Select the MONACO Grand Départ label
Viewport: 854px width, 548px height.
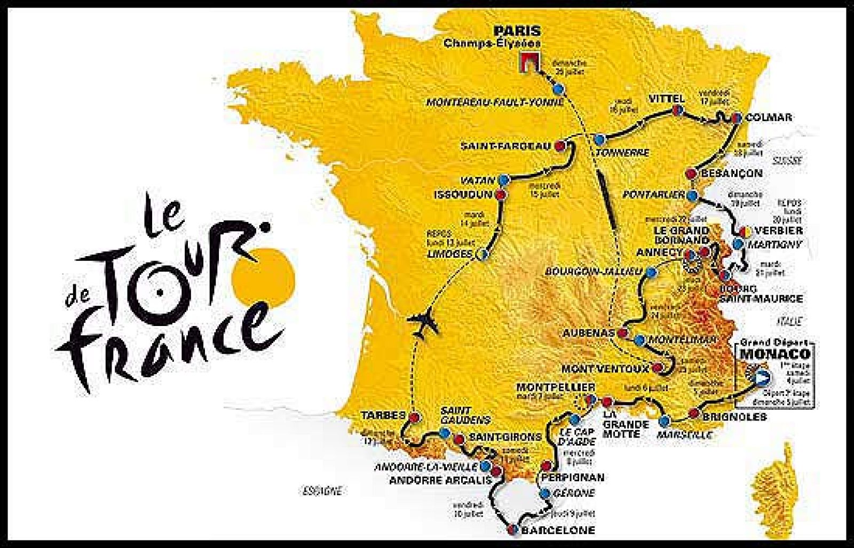(774, 353)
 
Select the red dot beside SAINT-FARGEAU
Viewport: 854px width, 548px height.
(560, 145)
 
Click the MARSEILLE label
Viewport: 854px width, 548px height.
(685, 435)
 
